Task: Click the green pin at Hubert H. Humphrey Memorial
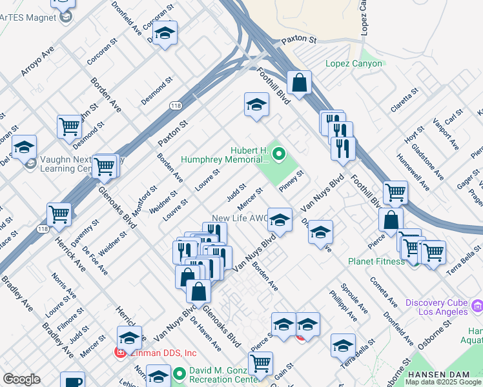(279, 154)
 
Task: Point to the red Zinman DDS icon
(120, 352)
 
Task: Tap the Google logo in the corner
(21, 379)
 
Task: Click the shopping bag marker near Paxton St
(299, 83)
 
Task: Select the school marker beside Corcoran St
(165, 34)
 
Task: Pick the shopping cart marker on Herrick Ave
(59, 213)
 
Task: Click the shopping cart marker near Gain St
(260, 363)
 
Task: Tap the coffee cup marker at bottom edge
(72, 381)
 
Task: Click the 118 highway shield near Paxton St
(176, 105)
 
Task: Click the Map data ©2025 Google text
(442, 382)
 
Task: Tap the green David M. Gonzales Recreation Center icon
(180, 373)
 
